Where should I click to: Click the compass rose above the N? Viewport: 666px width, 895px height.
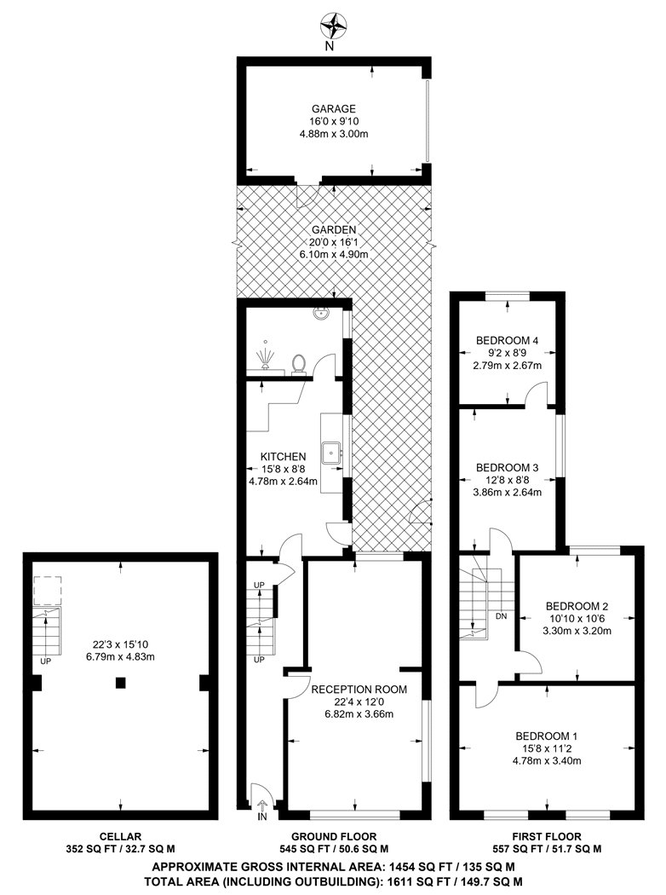pos(334,25)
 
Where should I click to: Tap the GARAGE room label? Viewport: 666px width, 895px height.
pos(334,108)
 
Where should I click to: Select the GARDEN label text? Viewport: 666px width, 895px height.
pos(334,230)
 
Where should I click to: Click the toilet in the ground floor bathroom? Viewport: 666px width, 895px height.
pos(298,364)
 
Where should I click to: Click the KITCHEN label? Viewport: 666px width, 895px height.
pos(283,457)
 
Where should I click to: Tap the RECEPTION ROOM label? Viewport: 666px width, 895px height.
pos(359,690)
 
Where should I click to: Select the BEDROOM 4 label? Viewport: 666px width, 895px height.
pos(507,341)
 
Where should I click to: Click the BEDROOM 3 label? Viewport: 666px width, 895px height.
pos(507,468)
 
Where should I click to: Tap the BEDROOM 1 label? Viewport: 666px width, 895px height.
pos(547,736)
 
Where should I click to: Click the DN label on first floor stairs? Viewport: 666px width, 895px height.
pos(502,616)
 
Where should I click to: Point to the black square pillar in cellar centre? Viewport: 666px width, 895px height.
pos(120,682)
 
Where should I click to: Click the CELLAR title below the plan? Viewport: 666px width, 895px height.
pos(120,837)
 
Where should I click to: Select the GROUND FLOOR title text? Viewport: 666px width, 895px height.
pos(334,837)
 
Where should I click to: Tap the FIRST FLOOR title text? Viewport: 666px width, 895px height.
pos(547,837)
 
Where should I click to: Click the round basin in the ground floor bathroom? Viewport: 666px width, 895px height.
pos(320,312)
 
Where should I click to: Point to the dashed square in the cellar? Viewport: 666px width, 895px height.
pos(47,590)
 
